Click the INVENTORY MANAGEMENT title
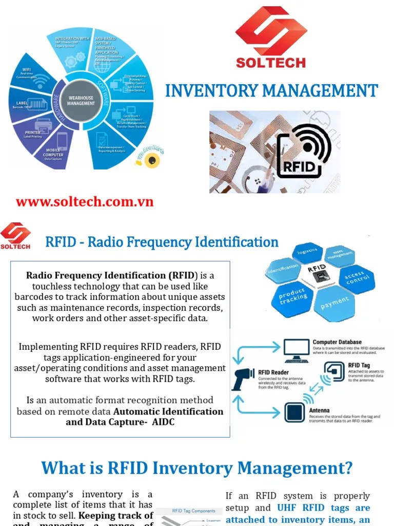click(x=271, y=91)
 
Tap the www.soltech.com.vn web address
click(x=85, y=201)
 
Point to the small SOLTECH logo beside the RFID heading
click(x=15, y=235)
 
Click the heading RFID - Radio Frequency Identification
click(x=162, y=242)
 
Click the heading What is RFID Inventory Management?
click(x=197, y=468)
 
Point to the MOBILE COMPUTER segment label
click(x=53, y=154)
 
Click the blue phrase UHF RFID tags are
click(x=324, y=508)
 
